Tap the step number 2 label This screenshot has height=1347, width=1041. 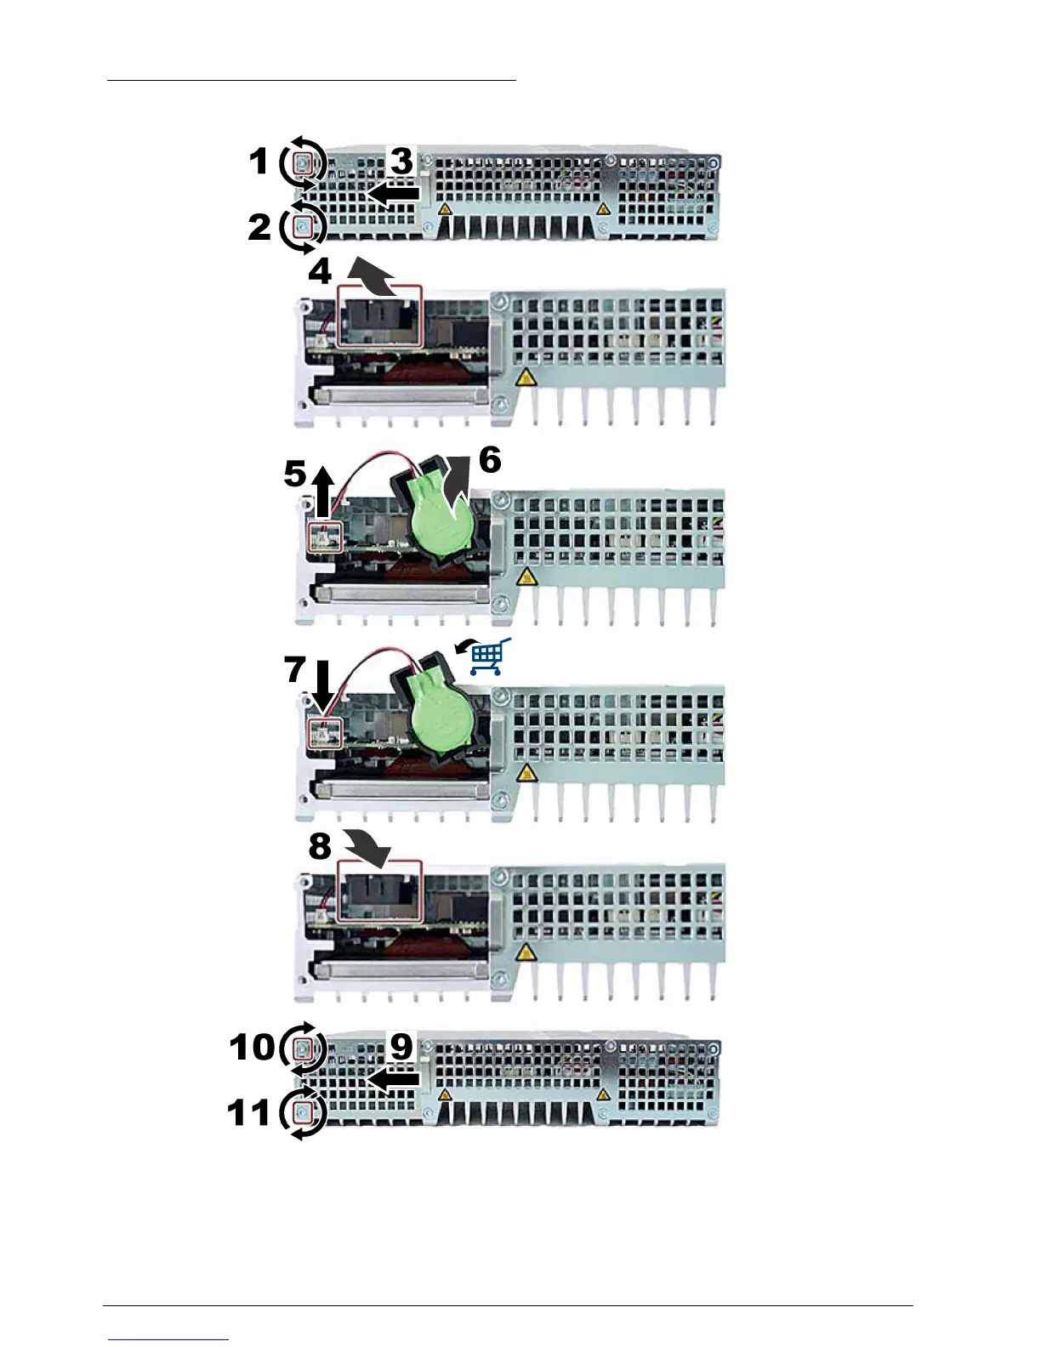coord(259,227)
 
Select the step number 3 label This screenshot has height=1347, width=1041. coord(401,161)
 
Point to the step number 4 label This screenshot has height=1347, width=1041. coord(320,271)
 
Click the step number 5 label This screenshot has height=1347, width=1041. coord(294,475)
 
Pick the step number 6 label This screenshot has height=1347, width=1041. coord(490,460)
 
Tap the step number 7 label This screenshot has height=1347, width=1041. coord(294,669)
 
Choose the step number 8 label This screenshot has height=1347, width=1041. coord(320,846)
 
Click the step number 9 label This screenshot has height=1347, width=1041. coord(401,1047)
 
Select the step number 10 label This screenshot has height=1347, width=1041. coord(252,1047)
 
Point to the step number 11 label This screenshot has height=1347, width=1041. coord(248,1112)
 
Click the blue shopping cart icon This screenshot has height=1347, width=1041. coord(487,657)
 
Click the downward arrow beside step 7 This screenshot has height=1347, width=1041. coord(322,687)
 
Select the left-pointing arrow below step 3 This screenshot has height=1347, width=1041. coord(394,194)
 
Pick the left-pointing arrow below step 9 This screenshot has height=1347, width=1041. coord(394,1079)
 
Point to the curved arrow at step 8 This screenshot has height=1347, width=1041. coord(367,847)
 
